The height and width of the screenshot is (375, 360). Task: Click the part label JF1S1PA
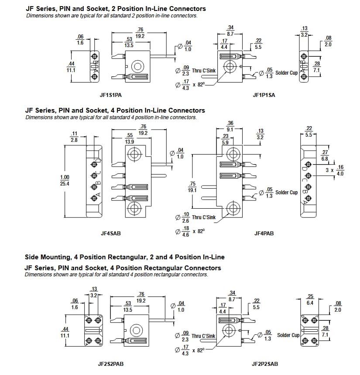click(110, 95)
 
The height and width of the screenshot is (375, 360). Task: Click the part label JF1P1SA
click(264, 95)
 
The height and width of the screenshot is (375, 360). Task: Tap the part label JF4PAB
click(264, 233)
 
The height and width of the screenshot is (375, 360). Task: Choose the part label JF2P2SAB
click(264, 363)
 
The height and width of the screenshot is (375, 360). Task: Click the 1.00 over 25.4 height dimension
click(65, 180)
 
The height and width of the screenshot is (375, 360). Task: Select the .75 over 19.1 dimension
click(192, 187)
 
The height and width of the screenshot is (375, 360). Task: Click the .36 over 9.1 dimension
click(230, 126)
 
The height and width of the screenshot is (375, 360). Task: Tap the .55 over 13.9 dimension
click(129, 139)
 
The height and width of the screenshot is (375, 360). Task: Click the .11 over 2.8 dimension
click(74, 137)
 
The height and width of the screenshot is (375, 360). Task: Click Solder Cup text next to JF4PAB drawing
click(287, 193)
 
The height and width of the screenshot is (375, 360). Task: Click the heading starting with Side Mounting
click(124, 257)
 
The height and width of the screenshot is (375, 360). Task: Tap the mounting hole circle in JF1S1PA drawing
click(138, 66)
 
